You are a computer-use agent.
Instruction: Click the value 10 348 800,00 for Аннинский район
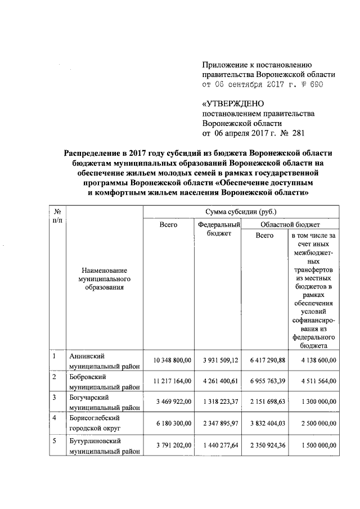pos(169,359)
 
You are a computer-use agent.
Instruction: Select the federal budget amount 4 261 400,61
pos(218,380)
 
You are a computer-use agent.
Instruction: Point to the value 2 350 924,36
pos(264,443)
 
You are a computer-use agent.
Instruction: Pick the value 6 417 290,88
pos(264,359)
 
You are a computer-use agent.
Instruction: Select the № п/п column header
pos(56,216)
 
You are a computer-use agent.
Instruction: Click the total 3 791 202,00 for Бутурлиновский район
pos(169,443)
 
